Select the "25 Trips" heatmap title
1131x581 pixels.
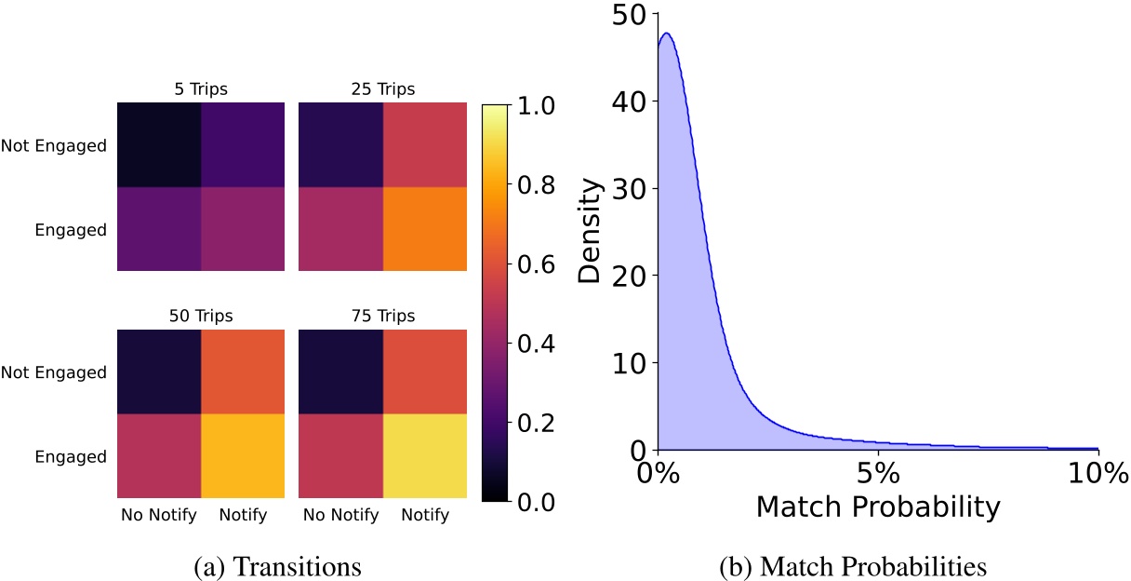click(x=382, y=89)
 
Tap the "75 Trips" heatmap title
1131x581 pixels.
click(x=382, y=315)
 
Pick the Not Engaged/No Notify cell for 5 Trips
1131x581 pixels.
click(x=158, y=145)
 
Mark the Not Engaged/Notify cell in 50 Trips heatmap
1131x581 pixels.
click(x=242, y=372)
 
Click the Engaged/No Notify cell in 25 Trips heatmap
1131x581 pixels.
click(x=340, y=229)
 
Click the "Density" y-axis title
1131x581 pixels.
click(x=590, y=231)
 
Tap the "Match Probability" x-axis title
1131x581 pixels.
click(x=878, y=507)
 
